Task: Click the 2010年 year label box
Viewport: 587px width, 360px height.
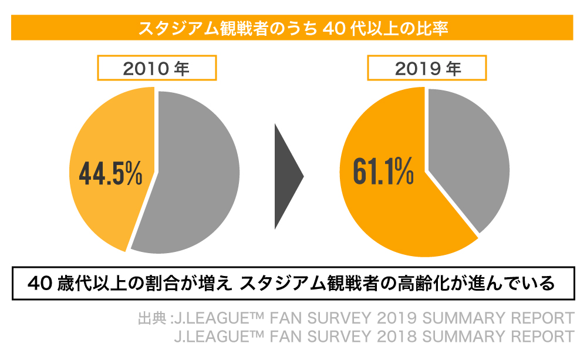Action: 156,69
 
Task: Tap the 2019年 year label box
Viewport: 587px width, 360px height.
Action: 427,69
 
